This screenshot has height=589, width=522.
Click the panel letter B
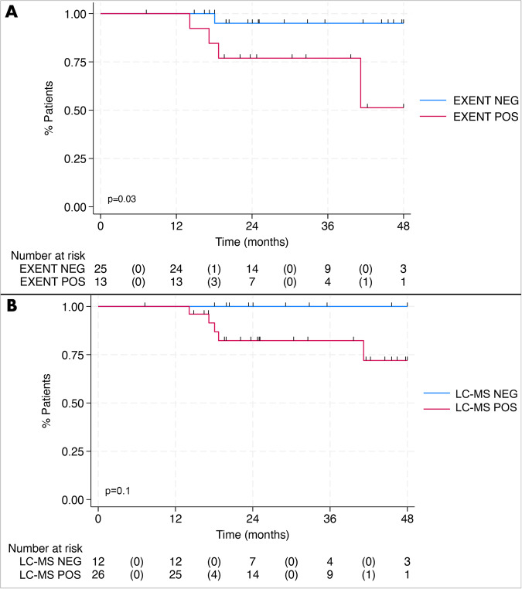point(12,305)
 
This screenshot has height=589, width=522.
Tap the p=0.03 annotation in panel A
point(121,199)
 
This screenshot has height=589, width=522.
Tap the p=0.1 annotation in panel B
point(118,492)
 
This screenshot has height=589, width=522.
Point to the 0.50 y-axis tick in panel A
point(76,111)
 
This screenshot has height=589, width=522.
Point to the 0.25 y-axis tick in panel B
point(74,451)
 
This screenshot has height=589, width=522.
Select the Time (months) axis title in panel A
point(252,241)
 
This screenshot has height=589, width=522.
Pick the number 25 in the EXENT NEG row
point(101,268)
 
